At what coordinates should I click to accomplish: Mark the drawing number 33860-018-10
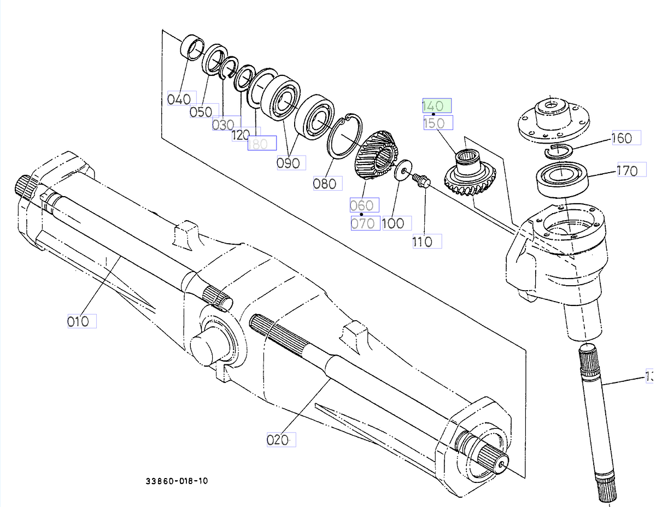click(177, 481)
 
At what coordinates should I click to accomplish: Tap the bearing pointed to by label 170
click(563, 180)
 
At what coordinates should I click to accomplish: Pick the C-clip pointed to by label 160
click(558, 150)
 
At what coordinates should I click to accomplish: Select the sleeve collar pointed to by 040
click(192, 47)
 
